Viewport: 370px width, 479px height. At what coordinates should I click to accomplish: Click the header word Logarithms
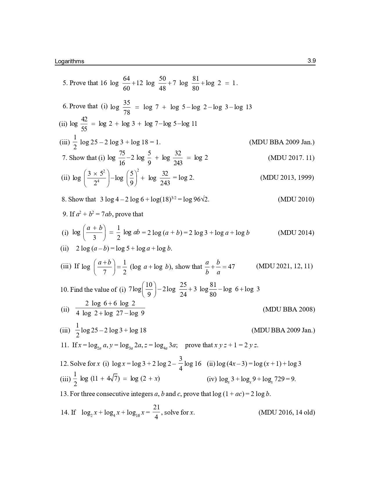click(69, 61)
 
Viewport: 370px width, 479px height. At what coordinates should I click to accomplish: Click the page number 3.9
click(311, 61)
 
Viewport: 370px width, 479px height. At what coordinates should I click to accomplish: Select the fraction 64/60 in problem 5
click(127, 83)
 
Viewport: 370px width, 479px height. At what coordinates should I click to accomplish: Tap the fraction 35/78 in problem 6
click(127, 107)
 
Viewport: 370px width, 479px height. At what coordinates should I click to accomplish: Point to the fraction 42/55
click(84, 124)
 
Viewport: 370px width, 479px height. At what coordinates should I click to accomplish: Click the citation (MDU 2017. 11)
click(291, 158)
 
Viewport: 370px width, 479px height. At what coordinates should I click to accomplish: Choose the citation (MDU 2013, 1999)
click(287, 178)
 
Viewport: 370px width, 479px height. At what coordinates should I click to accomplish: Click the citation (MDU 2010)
click(296, 199)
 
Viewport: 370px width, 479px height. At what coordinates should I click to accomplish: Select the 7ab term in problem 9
click(106, 214)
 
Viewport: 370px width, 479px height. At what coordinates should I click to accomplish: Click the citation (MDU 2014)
click(296, 233)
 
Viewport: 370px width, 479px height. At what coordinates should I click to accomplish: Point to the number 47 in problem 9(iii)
click(232, 267)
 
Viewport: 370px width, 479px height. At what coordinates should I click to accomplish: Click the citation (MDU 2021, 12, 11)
click(284, 266)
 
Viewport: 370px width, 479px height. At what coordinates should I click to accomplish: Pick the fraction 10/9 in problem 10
click(149, 289)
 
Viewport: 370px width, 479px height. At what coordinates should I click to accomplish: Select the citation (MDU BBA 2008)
click(289, 309)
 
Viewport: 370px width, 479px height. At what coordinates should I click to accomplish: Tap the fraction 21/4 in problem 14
click(156, 412)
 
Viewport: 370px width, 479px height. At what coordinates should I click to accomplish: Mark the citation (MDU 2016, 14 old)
click(287, 413)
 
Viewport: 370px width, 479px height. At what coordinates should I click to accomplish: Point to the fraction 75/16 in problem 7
click(122, 158)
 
